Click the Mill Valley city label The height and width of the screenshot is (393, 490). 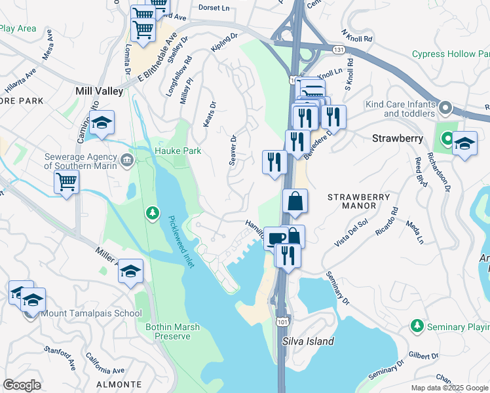coord(100,92)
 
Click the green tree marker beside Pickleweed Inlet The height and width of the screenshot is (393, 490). coord(152,213)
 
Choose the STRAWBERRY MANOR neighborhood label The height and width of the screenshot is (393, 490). coord(358,201)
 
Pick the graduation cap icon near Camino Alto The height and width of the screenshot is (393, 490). coord(102,122)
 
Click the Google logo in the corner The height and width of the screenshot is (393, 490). coord(22,385)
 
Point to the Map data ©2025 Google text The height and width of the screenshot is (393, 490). coord(449,387)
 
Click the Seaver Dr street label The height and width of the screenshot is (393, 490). coord(232,150)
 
